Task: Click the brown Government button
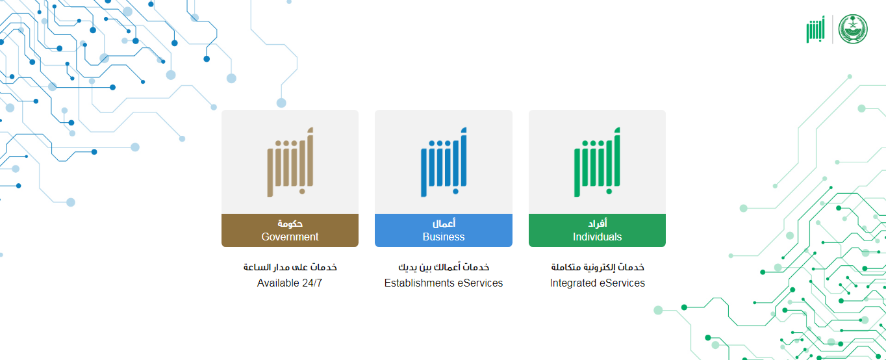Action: point(290,230)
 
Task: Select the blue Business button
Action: point(444,230)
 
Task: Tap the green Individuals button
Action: point(597,230)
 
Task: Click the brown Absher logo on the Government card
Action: point(290,162)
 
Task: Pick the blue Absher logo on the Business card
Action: point(444,162)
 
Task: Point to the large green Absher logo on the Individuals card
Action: point(597,162)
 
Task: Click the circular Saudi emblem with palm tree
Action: point(853,29)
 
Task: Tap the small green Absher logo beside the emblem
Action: point(816,29)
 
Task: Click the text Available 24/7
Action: point(290,283)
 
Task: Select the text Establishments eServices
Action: point(444,283)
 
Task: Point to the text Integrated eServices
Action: point(597,283)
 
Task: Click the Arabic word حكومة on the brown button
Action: point(290,224)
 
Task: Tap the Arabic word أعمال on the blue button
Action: point(444,224)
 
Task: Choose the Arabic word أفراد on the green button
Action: point(597,224)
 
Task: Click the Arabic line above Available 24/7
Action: point(290,267)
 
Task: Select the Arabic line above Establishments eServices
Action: point(444,267)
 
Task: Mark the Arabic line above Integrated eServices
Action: point(598,267)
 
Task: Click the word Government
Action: point(290,237)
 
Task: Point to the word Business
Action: point(444,237)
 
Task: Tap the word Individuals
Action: point(597,237)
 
